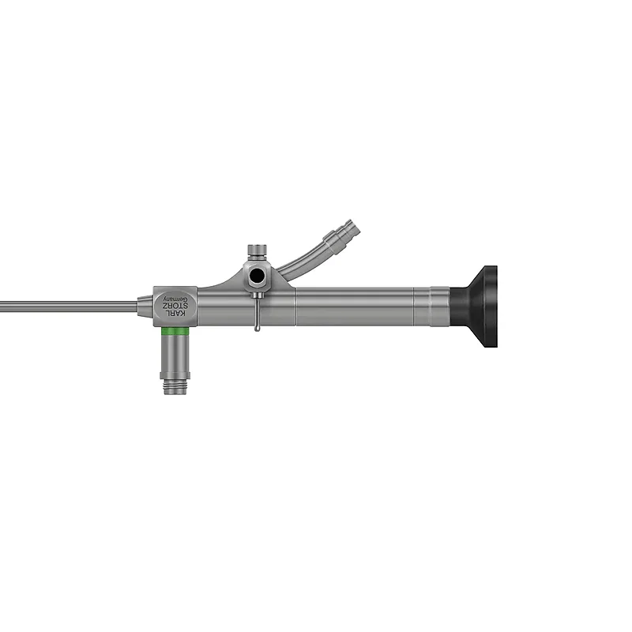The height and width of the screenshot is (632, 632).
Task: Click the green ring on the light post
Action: click(175, 331)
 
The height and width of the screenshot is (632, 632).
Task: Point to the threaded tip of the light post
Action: click(175, 386)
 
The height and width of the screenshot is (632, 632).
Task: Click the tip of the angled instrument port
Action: click(352, 227)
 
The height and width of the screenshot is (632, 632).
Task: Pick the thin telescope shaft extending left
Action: click(69, 307)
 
